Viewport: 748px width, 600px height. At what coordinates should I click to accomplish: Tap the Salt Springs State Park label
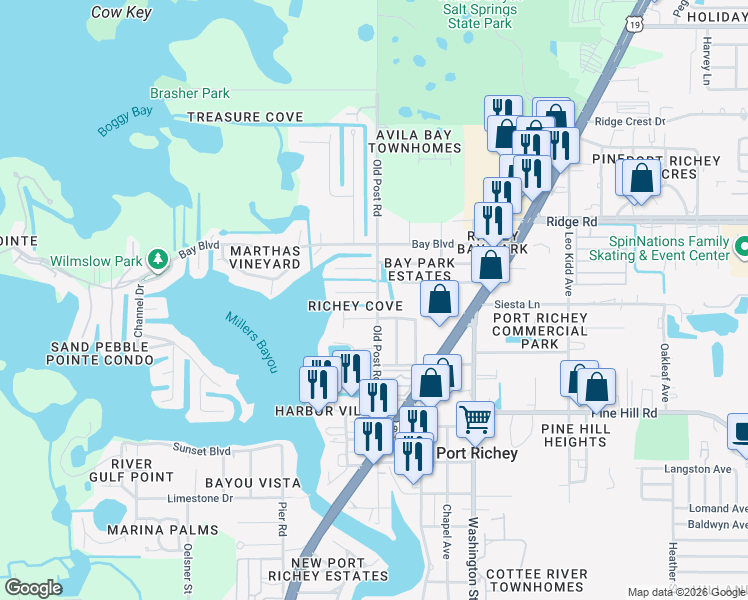pos(478,15)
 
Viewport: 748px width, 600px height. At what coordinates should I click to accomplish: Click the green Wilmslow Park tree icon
pos(157,260)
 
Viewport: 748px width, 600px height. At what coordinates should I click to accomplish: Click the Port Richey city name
pos(479,453)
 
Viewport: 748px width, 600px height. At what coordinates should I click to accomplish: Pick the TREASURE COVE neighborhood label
pos(245,117)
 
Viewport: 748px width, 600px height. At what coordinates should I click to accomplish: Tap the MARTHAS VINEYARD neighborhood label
pos(265,257)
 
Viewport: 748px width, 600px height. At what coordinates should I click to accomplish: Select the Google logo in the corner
pos(34,588)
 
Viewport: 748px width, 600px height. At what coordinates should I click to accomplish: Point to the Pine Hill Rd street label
pos(624,412)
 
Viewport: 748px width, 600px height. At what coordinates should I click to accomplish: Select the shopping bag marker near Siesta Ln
pos(439,299)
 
